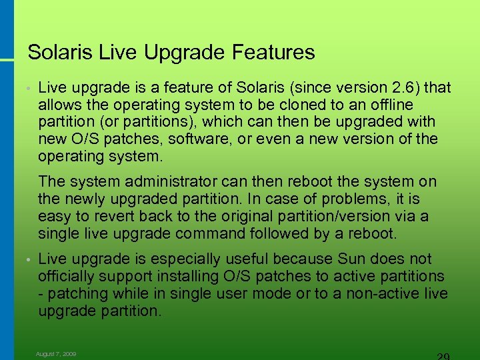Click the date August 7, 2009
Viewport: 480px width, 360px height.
point(56,354)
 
